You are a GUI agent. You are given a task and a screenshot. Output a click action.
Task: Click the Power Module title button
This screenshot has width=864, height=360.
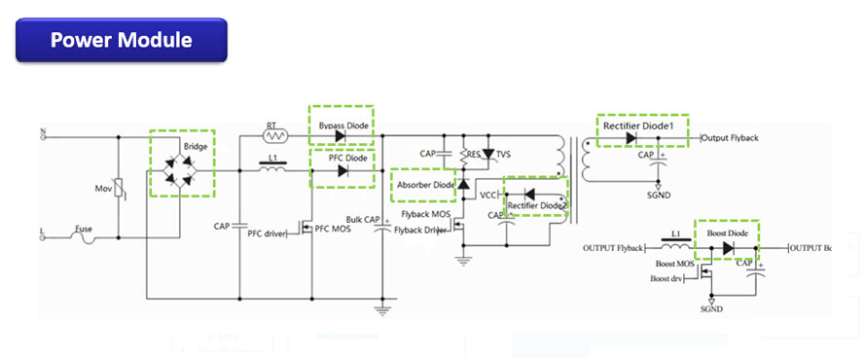pyautogui.click(x=121, y=41)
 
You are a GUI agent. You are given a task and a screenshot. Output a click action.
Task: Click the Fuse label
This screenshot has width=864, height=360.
pyautogui.click(x=84, y=229)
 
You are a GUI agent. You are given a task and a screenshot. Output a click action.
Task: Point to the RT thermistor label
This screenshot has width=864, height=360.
pyautogui.click(x=272, y=126)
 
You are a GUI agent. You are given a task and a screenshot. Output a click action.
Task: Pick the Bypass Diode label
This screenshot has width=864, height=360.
pyautogui.click(x=341, y=126)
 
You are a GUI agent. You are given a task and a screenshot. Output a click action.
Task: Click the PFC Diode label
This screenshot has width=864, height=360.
pyautogui.click(x=341, y=158)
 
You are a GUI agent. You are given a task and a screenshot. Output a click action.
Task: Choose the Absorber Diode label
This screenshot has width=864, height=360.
pyautogui.click(x=425, y=184)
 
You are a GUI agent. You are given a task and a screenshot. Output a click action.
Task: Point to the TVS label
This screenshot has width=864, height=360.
pyautogui.click(x=503, y=155)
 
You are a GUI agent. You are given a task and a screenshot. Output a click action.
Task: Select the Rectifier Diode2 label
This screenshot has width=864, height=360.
pyautogui.click(x=536, y=204)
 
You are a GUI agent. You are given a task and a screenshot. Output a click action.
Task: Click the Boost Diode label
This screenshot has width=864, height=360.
pyautogui.click(x=727, y=234)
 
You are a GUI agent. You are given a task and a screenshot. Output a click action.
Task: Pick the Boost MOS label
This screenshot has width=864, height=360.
pyautogui.click(x=674, y=264)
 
